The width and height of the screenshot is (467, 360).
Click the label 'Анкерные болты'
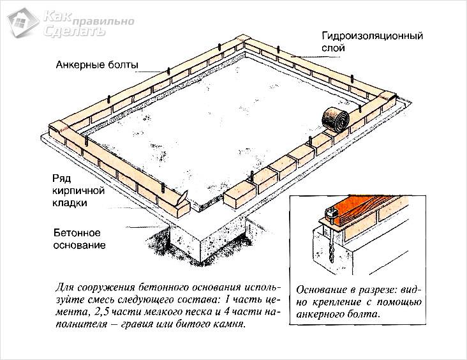pyautogui.click(x=96, y=64)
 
